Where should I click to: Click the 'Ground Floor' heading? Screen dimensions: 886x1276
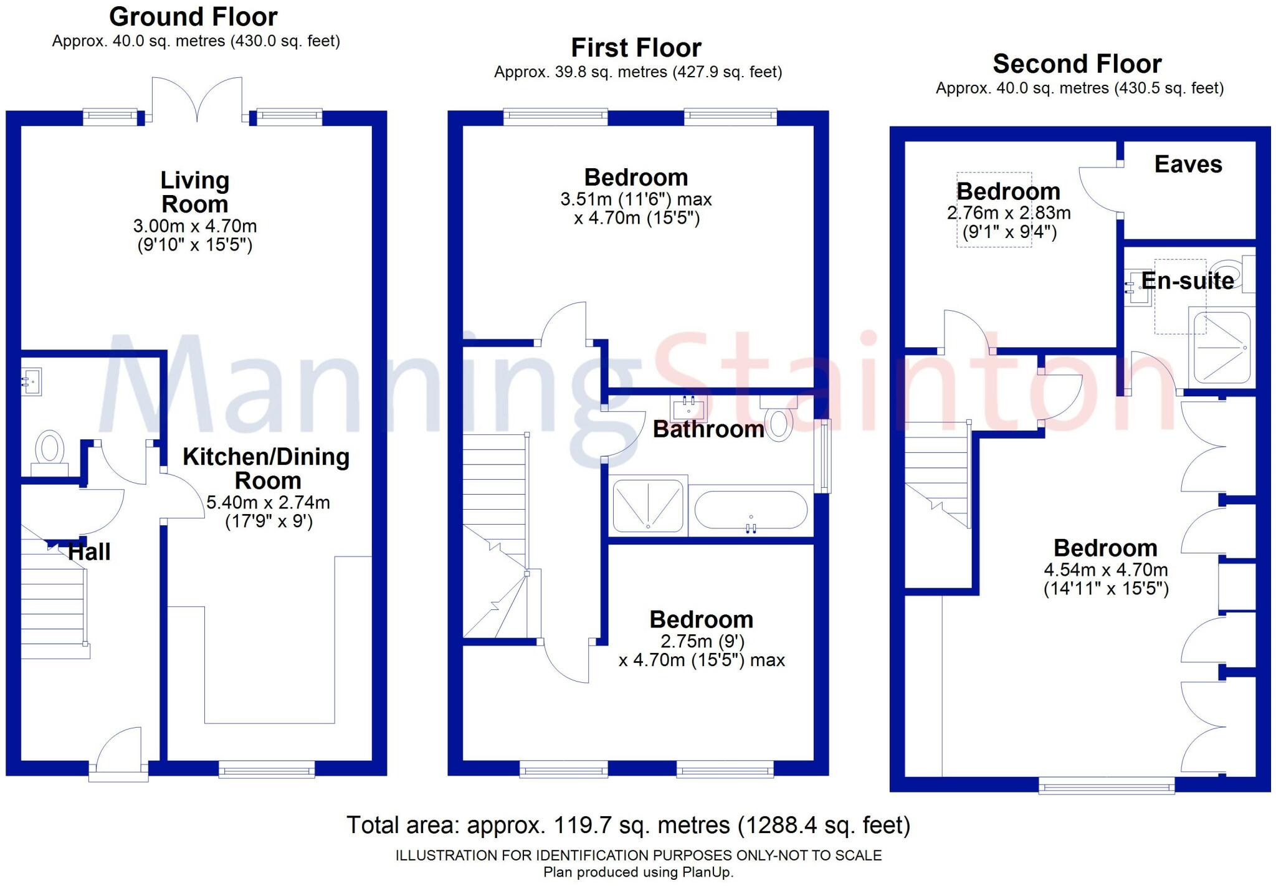click(x=193, y=17)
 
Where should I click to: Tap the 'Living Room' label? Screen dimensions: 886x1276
click(x=195, y=192)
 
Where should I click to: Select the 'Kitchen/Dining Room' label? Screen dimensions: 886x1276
click(x=266, y=469)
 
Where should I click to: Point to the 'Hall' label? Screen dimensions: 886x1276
click(x=89, y=552)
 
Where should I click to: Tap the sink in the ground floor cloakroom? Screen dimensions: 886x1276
click(x=31, y=381)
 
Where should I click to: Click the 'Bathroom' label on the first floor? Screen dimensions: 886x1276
click(x=708, y=429)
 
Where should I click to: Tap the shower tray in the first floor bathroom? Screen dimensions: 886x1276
click(x=648, y=506)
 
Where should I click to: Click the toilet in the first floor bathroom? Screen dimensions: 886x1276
click(x=778, y=420)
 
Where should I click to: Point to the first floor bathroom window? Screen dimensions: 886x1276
click(x=825, y=455)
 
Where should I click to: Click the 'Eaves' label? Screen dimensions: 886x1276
click(x=1188, y=164)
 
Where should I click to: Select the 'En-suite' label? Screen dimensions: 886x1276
click(x=1188, y=281)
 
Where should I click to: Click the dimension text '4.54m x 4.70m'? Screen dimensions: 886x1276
click(x=1106, y=569)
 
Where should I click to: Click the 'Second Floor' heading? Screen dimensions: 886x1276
click(x=1077, y=64)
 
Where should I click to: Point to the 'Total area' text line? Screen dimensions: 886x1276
click(x=628, y=825)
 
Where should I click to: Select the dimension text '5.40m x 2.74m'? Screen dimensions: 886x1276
click(x=268, y=502)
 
